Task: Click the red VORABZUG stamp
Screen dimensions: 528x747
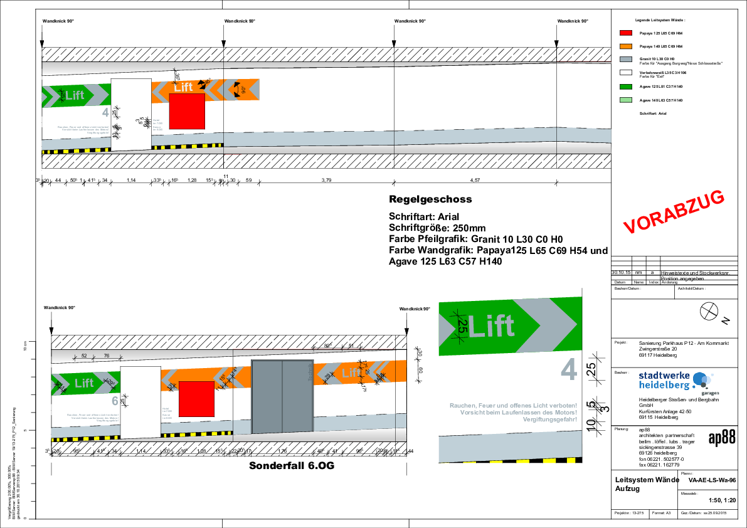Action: (674, 212)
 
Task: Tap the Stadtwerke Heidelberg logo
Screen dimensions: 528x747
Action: (686, 383)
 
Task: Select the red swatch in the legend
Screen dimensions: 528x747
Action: (626, 33)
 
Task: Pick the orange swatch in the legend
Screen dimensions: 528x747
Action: (626, 46)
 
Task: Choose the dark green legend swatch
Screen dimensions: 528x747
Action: (626, 87)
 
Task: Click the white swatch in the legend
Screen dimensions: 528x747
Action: (626, 73)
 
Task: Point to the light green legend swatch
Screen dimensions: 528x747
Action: (626, 100)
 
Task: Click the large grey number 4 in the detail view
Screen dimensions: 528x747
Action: (568, 370)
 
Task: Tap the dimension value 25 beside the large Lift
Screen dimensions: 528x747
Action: (462, 326)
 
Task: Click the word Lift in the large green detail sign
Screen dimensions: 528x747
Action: (491, 327)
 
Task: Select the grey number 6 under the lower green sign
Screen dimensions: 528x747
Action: (115, 401)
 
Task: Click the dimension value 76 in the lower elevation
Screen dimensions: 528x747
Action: (107, 356)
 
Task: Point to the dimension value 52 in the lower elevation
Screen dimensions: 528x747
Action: (84, 356)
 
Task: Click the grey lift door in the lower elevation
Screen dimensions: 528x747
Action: (282, 396)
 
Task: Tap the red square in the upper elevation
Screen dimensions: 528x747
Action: (187, 111)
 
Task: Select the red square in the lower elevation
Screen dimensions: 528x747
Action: (196, 399)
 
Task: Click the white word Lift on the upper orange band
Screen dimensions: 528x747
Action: (183, 88)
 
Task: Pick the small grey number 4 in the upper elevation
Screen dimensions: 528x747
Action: (105, 113)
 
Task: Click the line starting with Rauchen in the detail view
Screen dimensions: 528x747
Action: (513, 406)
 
